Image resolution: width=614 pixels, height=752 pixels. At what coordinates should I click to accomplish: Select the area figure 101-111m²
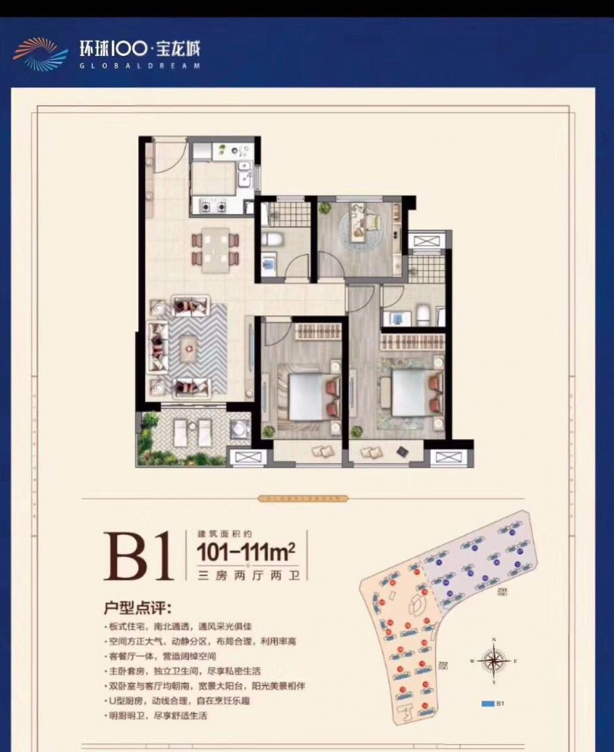pyautogui.click(x=246, y=551)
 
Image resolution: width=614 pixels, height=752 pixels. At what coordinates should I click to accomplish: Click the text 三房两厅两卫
pyautogui.click(x=245, y=572)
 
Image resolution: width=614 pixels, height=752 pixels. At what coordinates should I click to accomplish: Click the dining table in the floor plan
pyautogui.click(x=215, y=249)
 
